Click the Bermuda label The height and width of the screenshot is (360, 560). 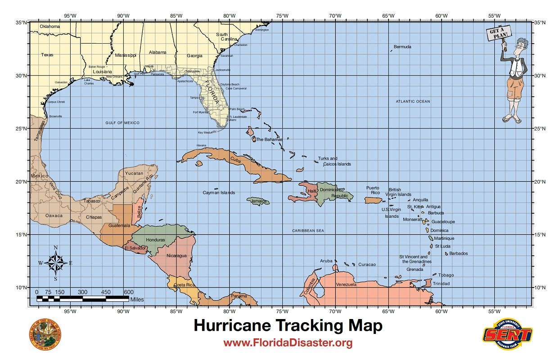402,47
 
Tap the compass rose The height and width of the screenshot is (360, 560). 55,263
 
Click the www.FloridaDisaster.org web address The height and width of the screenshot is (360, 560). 288,343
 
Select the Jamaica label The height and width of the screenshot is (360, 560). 260,201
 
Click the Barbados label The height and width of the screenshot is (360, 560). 458,253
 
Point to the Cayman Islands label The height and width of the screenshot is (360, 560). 219,193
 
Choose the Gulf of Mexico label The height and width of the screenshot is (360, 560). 122,123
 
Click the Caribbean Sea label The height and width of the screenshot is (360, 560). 308,231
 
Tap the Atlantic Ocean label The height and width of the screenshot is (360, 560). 413,102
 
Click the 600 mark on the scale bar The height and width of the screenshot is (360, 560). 129,292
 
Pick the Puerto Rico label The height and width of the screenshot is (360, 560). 373,190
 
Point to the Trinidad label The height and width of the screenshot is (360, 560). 441,283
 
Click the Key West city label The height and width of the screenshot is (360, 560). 203,133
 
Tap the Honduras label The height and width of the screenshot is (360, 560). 155,240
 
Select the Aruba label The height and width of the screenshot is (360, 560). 326,261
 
